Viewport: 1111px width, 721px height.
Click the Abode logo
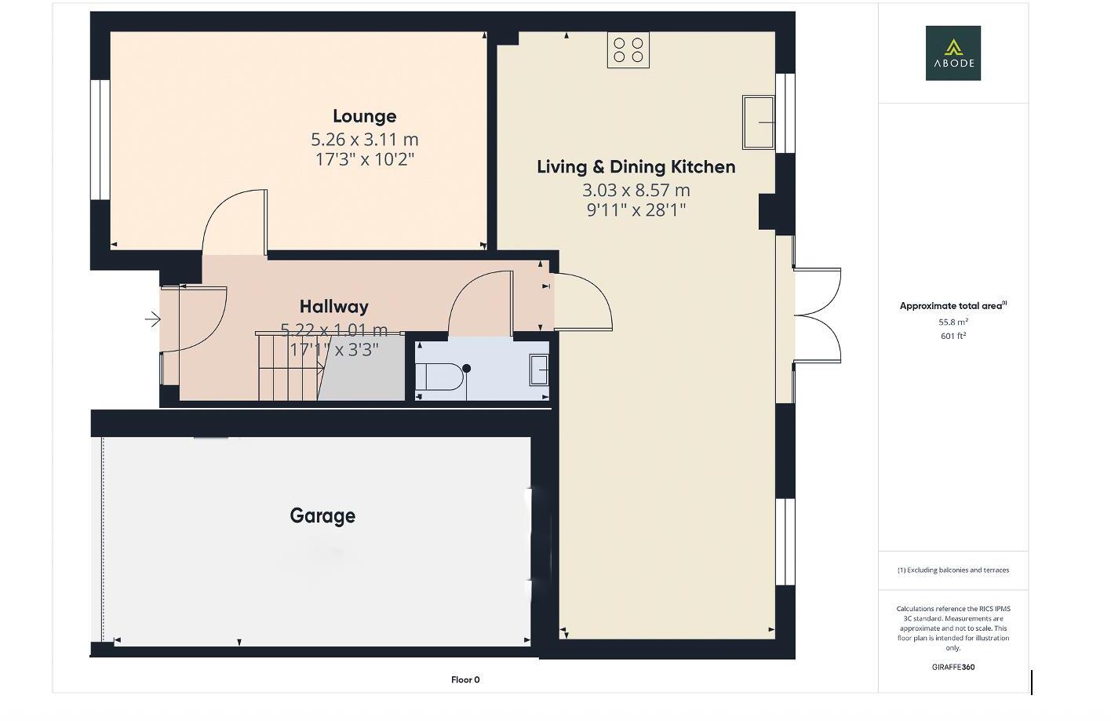point(953,53)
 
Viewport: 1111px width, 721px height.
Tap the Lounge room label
point(364,116)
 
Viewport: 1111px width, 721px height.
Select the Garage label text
point(322,515)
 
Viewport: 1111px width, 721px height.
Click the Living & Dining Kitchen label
point(636,166)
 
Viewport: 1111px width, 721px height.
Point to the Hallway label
point(333,306)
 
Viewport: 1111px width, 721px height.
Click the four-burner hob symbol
point(628,50)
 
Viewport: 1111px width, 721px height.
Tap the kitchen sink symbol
point(758,122)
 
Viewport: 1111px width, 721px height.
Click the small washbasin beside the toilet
point(539,370)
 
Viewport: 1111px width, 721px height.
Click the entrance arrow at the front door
point(152,319)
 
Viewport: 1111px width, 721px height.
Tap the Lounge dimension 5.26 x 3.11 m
point(364,140)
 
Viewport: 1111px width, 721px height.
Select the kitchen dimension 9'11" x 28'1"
point(636,209)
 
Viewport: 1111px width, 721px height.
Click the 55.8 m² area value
point(953,322)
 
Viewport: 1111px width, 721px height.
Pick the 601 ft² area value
point(953,336)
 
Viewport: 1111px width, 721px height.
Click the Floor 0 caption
point(464,679)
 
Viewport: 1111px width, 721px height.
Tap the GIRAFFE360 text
point(953,667)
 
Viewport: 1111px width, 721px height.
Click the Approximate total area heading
point(953,306)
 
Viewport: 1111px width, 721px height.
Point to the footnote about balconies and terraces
point(953,570)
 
